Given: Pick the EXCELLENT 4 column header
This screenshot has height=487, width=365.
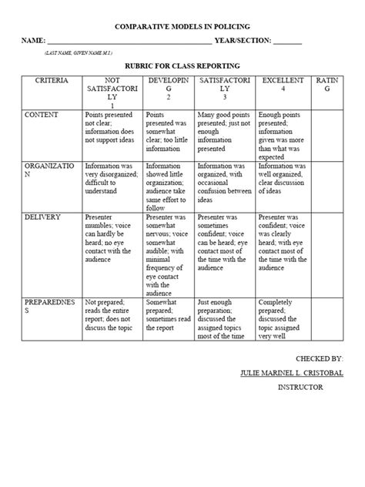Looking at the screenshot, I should [282, 85].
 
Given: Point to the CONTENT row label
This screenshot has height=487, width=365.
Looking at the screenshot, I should [42, 114].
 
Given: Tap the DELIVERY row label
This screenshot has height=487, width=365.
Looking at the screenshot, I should [43, 217].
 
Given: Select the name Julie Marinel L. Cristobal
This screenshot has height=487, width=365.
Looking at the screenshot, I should [292, 372].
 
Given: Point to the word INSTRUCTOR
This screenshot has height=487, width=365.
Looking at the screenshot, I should [300, 387].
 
